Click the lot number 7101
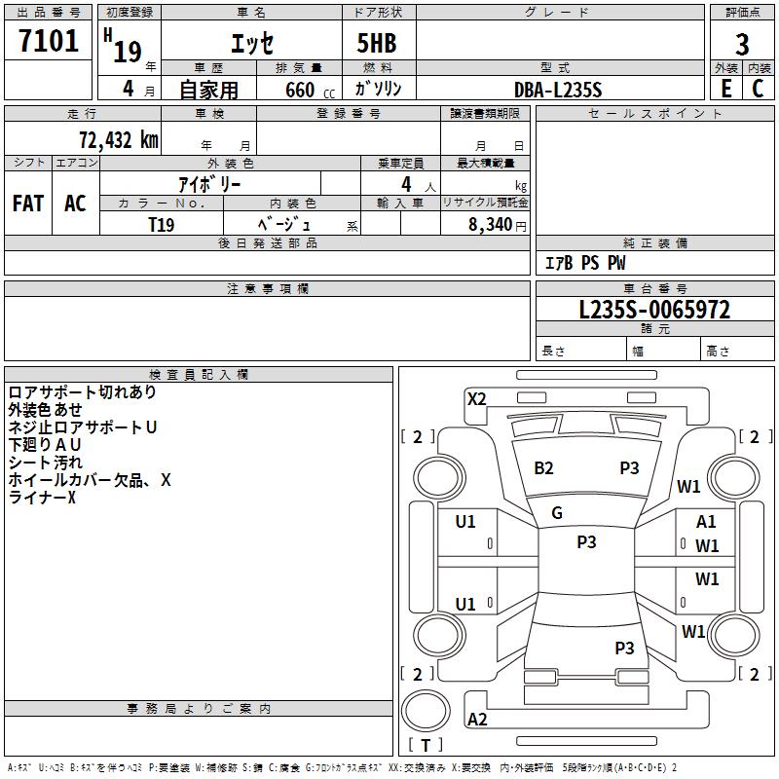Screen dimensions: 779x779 click(49, 43)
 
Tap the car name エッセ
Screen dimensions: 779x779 click(251, 44)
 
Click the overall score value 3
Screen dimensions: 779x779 click(742, 44)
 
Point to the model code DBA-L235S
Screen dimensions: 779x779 click(558, 90)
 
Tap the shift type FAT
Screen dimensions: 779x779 click(27, 204)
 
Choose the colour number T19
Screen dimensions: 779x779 click(162, 224)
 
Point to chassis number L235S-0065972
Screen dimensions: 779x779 click(654, 311)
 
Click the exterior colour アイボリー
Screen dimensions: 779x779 click(209, 183)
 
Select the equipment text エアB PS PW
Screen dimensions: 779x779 click(584, 264)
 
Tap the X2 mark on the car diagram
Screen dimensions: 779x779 click(476, 398)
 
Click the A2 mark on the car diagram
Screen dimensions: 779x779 click(477, 720)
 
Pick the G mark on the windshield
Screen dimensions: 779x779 click(557, 513)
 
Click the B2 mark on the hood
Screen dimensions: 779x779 click(543, 468)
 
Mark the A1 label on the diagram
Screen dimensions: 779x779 click(706, 522)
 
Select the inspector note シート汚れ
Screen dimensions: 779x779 click(46, 463)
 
